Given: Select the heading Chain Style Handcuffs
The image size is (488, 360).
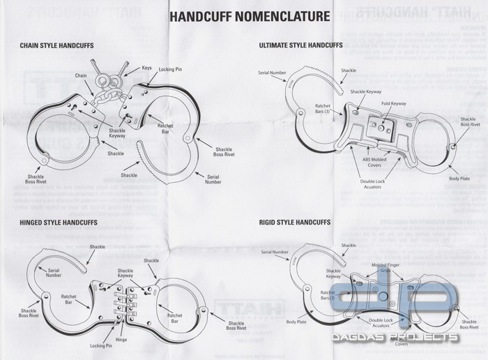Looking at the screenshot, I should tap(57, 46).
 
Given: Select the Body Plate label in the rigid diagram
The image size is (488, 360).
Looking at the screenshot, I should tap(296, 322).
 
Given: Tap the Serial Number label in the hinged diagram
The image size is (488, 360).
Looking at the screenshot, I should tap(53, 272).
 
